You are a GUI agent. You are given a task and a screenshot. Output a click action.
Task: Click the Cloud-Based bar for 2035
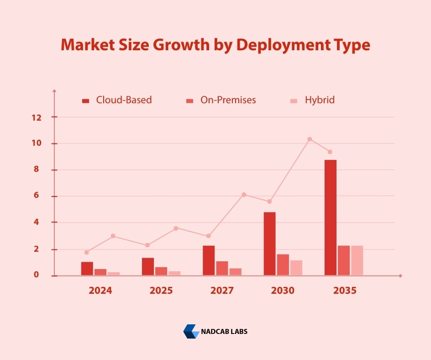point(330,217)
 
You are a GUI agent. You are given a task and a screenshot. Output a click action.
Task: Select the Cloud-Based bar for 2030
point(269,244)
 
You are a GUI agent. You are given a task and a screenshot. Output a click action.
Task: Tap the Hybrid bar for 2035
point(357,260)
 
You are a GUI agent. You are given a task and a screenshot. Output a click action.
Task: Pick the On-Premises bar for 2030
point(283,265)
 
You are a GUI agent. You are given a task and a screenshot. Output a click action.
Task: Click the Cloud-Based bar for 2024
point(87,269)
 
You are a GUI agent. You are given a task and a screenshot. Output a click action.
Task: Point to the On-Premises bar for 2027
point(222,268)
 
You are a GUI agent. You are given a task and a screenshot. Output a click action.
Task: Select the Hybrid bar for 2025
point(174,273)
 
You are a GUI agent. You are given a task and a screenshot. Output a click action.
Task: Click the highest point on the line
point(310,139)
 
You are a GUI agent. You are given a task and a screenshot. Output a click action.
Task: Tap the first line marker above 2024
point(86,252)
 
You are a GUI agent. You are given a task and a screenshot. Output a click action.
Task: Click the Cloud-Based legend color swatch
point(85,101)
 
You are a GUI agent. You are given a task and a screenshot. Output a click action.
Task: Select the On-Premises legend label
point(228,100)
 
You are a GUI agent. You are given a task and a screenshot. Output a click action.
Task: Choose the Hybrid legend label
point(320,100)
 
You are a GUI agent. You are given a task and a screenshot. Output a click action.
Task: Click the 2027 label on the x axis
point(222,291)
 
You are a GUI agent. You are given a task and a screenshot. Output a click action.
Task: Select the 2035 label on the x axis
point(344,291)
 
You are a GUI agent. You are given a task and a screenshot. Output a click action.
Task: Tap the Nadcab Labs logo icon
point(191,331)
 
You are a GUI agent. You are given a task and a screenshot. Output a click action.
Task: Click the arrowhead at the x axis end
point(400,275)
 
